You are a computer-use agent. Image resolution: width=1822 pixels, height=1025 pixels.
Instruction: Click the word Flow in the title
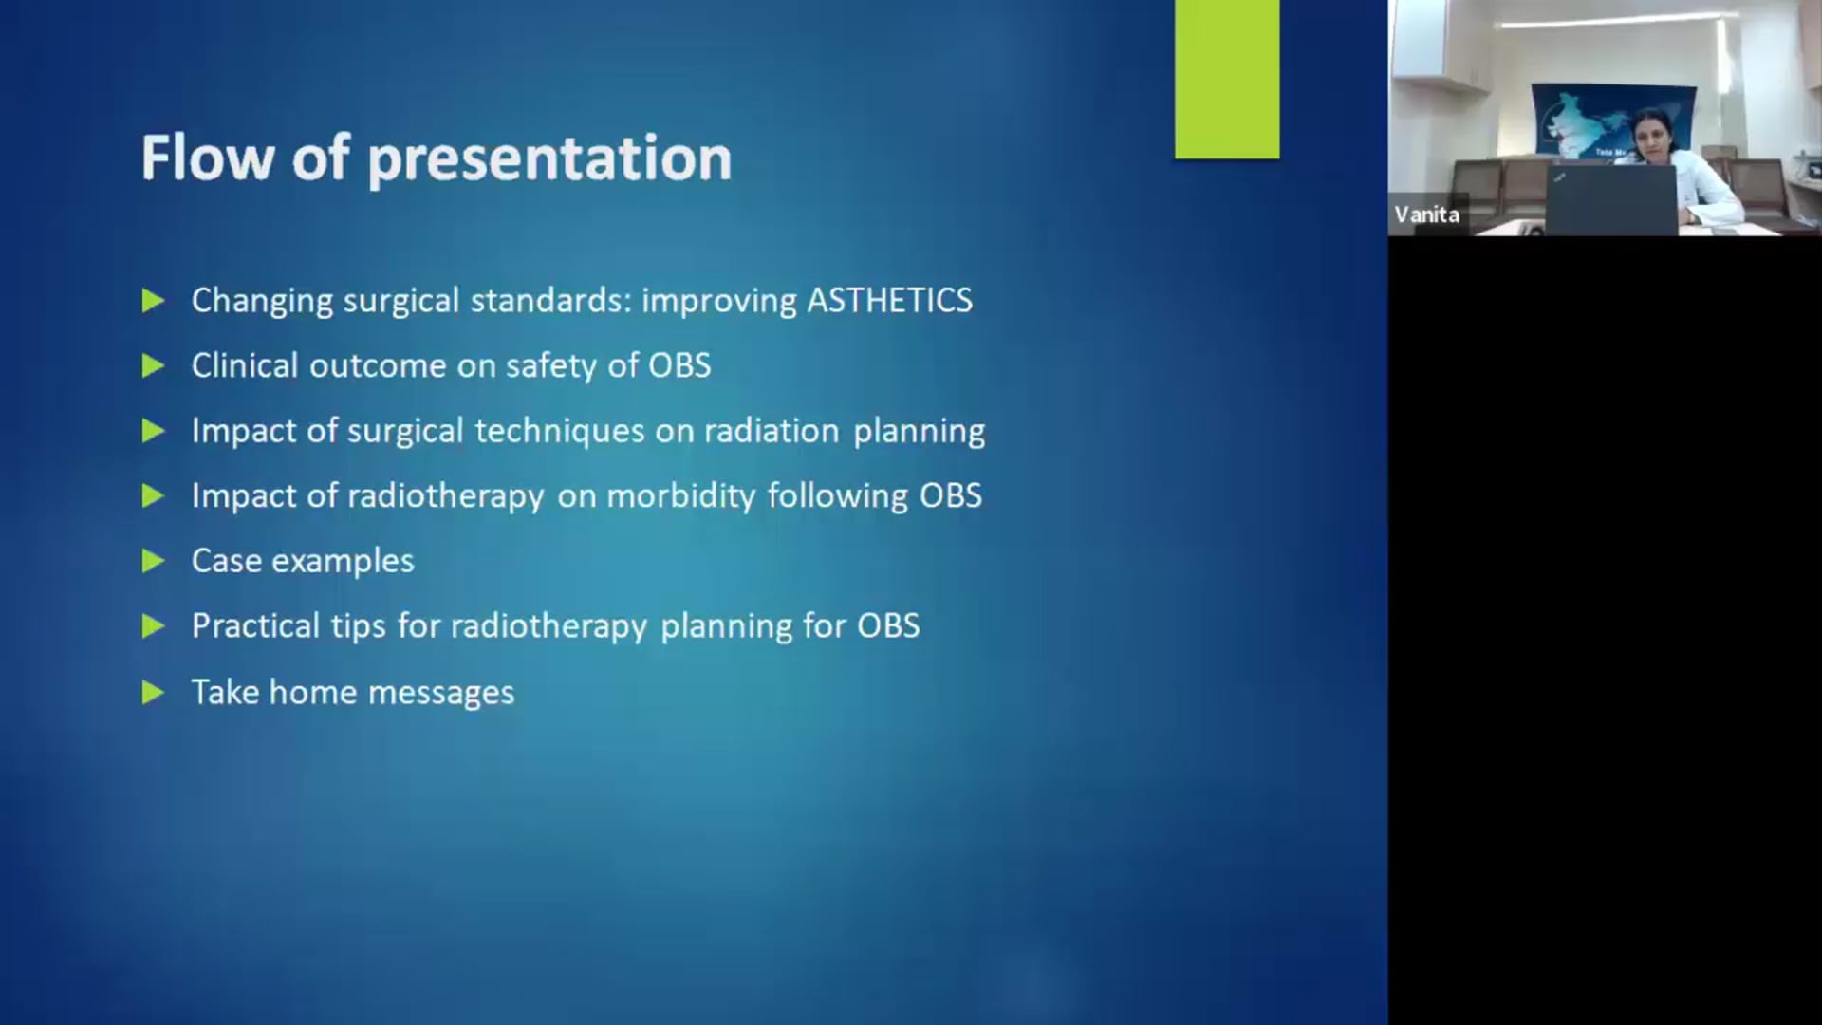pyautogui.click(x=207, y=158)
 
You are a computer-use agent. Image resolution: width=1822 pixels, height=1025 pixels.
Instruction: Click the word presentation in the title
pyautogui.click(x=549, y=159)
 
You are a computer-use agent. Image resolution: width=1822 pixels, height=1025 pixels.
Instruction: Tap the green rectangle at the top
pyautogui.click(x=1226, y=79)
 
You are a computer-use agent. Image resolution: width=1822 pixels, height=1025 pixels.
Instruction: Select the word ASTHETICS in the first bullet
pyautogui.click(x=889, y=301)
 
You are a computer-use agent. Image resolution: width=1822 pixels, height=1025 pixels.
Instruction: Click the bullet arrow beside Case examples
pyautogui.click(x=153, y=561)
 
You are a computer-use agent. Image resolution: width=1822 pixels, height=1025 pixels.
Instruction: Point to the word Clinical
pyautogui.click(x=245, y=365)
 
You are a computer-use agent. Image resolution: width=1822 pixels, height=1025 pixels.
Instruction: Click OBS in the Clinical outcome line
pyautogui.click(x=679, y=365)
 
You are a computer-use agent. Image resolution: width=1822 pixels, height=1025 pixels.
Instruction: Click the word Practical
pyautogui.click(x=255, y=626)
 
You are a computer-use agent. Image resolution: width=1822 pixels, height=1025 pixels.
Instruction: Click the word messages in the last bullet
pyautogui.click(x=440, y=693)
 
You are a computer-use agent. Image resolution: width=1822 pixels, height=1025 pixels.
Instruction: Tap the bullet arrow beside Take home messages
pyautogui.click(x=153, y=693)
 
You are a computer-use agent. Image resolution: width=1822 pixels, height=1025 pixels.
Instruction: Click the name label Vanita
pyautogui.click(x=1426, y=214)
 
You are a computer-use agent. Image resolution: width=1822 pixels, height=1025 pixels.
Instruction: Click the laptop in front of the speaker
pyautogui.click(x=1610, y=199)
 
